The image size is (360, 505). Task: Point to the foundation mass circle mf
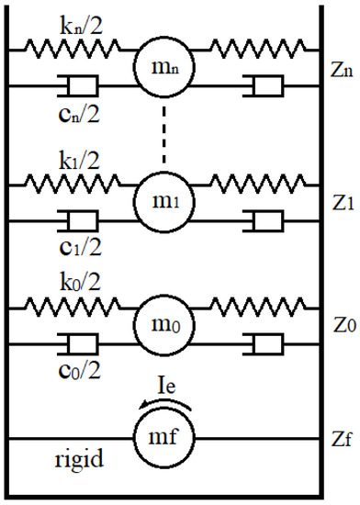pos(164,438)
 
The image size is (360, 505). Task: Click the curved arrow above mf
pos(163,405)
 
